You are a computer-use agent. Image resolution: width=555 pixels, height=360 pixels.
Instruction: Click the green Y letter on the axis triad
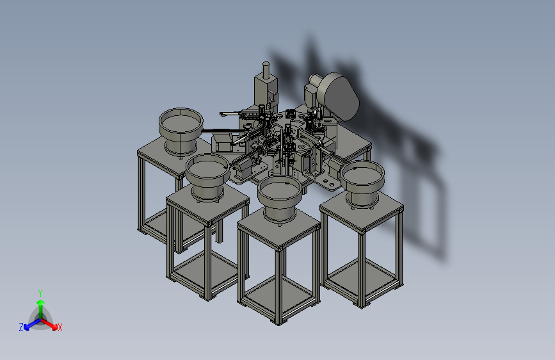40,293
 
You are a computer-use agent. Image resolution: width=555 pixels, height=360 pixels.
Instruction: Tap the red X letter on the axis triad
60,327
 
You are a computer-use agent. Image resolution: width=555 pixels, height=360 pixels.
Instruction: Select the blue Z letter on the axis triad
21,327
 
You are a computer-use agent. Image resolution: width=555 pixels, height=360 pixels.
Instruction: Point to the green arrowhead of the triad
41,302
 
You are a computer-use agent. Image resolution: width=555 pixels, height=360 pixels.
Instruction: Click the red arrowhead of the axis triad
54,326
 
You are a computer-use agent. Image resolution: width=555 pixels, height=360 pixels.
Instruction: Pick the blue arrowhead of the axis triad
27,327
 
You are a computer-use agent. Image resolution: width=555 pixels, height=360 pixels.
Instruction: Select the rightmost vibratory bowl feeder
362,183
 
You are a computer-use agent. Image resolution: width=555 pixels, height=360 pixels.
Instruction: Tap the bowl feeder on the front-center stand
280,199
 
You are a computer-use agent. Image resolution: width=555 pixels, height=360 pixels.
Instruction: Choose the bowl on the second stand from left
208,178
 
